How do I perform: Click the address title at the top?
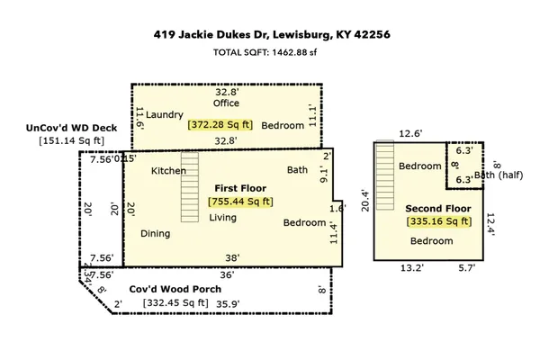[x=270, y=36]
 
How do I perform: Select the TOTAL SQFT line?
[x=270, y=53]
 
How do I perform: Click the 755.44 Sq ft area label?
[x=241, y=202]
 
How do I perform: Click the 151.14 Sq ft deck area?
[x=71, y=140]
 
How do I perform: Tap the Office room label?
[x=226, y=103]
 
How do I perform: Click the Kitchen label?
[x=168, y=171]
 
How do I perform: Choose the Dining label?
[x=155, y=233]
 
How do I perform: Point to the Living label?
[x=223, y=218]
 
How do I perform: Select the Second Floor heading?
[x=438, y=208]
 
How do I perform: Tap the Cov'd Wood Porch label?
[x=181, y=290]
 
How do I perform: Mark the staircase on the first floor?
[x=189, y=187]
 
